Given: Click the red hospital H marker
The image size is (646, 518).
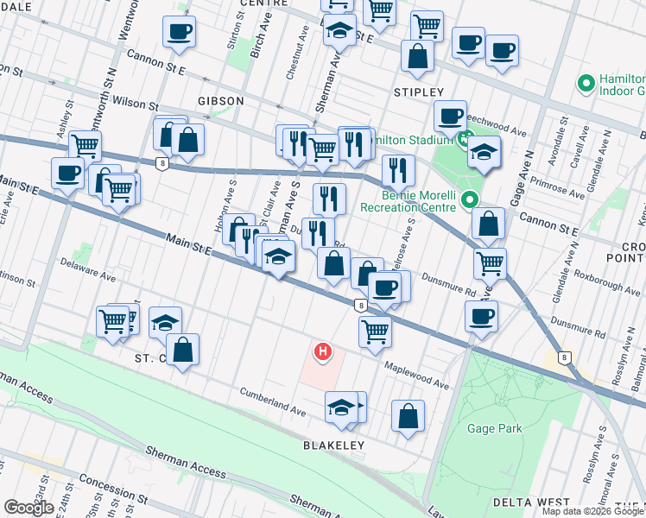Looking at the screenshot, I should pos(323,351).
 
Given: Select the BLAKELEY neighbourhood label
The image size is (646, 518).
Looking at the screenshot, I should pos(333,445).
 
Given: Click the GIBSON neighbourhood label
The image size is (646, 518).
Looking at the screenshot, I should pos(220,101).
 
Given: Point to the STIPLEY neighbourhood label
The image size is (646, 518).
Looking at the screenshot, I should pos(418,92).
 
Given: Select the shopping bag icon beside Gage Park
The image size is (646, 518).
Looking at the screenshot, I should pos(408,415).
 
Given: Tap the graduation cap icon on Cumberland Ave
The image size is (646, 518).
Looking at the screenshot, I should pos(342,407).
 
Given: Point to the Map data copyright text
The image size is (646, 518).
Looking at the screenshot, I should pos(592,511).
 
